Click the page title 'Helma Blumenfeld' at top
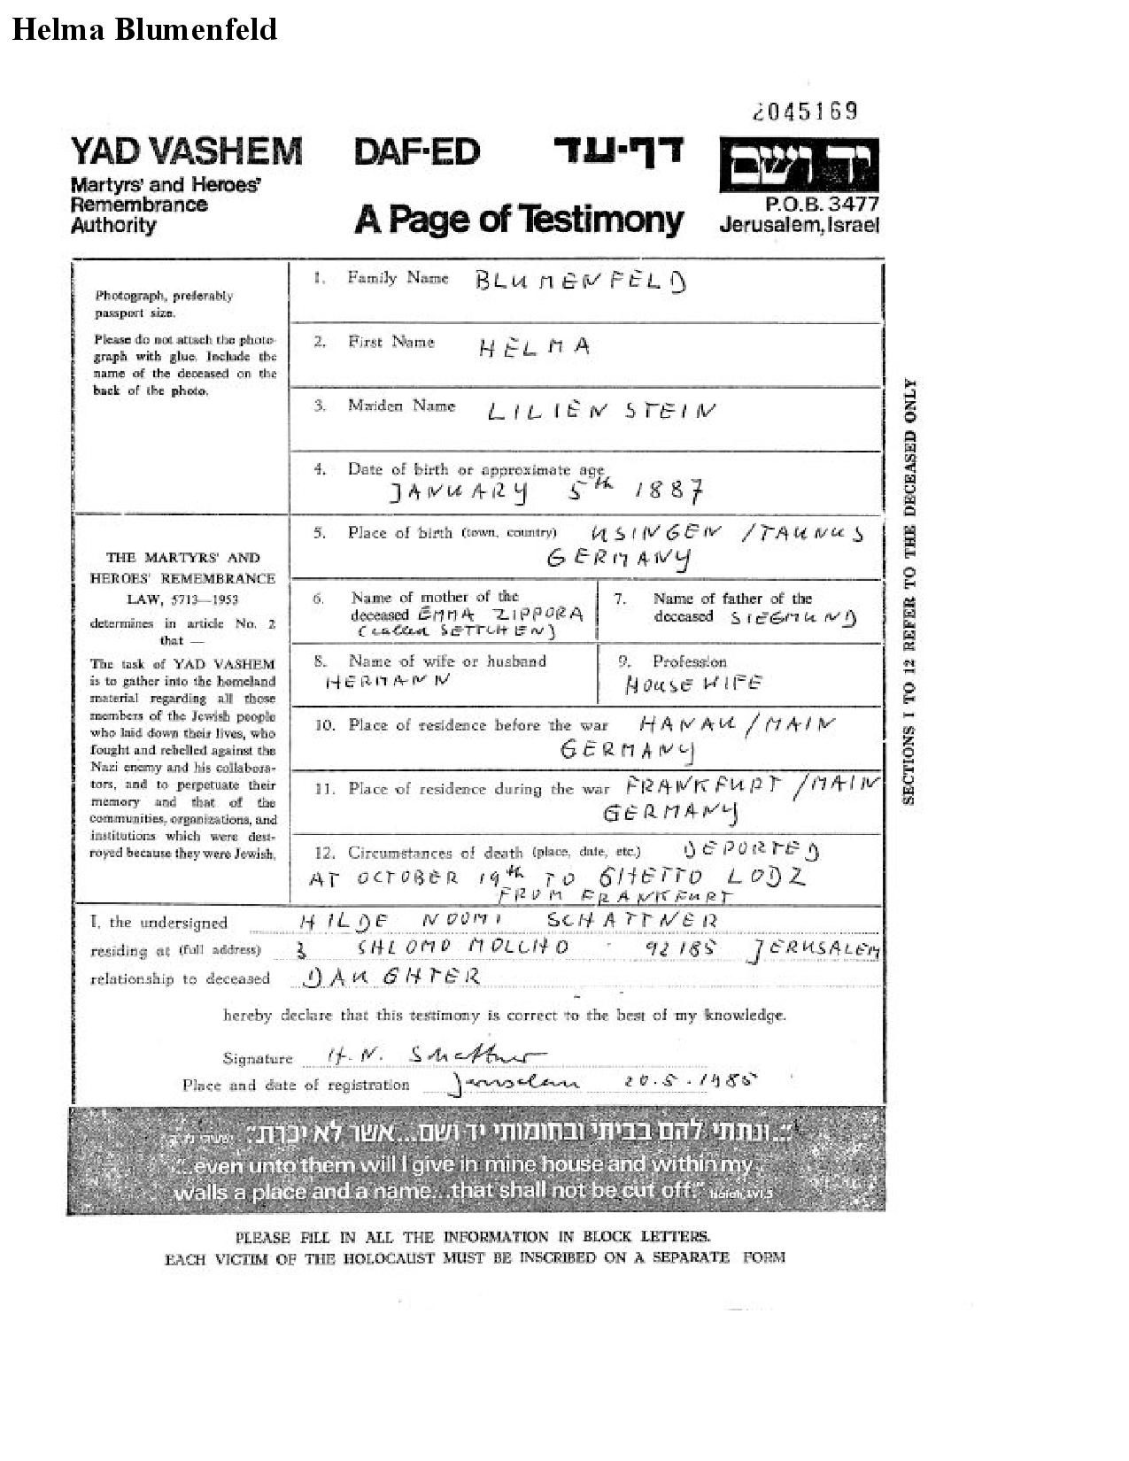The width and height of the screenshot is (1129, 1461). coord(144,29)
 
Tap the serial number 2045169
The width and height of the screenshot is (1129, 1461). coord(805,112)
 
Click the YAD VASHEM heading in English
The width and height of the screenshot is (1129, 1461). coord(186,151)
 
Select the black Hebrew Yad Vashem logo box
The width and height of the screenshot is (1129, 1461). coord(799,165)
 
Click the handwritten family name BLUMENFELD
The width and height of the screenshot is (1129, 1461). coord(580,282)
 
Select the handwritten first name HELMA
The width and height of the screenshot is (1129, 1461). coord(534,346)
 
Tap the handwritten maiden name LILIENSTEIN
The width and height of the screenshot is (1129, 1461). coord(601,411)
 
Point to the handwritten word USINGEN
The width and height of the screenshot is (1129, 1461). coord(656,533)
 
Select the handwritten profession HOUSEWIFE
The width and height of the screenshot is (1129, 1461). coord(693,684)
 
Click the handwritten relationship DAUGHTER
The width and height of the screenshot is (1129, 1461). coord(391,977)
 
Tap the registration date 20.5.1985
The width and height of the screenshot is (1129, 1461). coord(692,1081)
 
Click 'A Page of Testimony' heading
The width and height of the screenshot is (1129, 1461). coord(519,219)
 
